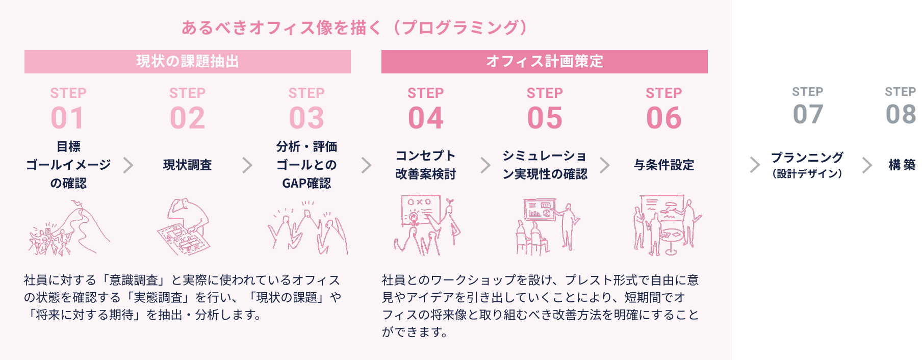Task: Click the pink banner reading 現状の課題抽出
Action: point(187,62)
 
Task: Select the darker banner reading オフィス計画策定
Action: point(544,62)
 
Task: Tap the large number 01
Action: point(68,118)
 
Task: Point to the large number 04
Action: point(425,118)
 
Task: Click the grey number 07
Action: point(808,114)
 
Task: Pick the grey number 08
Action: point(901,114)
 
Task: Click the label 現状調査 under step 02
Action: point(187,165)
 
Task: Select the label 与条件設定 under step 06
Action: point(663,165)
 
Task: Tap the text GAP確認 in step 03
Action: point(306,183)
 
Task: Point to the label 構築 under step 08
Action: point(902,165)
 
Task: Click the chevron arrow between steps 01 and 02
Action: point(128,165)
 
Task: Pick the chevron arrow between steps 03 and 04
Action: point(366,165)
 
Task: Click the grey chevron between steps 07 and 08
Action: point(867,165)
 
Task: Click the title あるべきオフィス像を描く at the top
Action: point(280,28)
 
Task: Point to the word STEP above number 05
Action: point(544,93)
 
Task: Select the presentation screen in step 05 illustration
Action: point(540,209)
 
